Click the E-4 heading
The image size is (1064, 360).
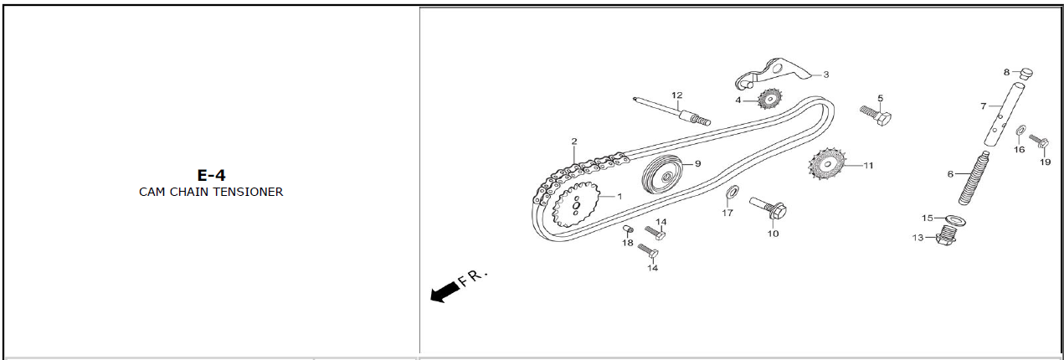(x=211, y=175)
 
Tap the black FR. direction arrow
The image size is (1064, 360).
(x=445, y=291)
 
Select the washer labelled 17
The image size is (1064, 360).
(x=730, y=194)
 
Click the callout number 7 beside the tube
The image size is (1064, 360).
(x=984, y=106)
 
